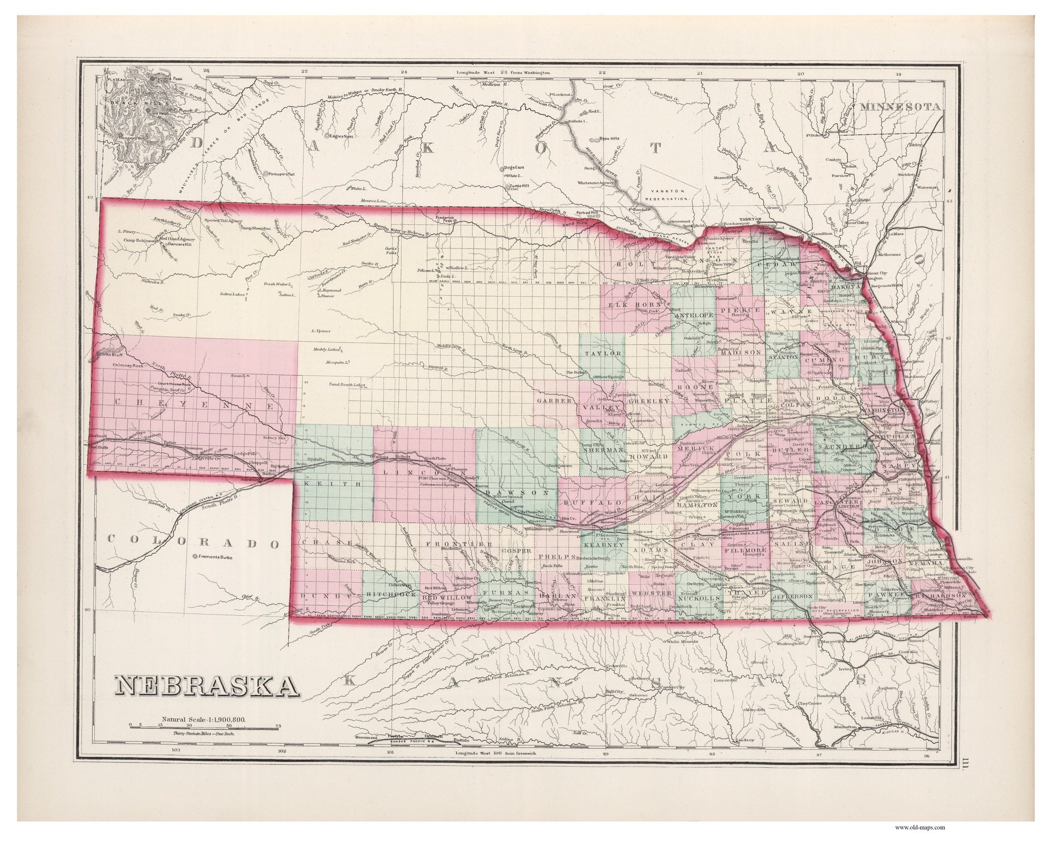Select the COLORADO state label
pyautogui.click(x=194, y=543)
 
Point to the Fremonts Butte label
pyautogui.click(x=215, y=557)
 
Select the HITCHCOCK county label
pyautogui.click(x=391, y=594)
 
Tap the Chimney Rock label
pyautogui.click(x=128, y=365)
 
